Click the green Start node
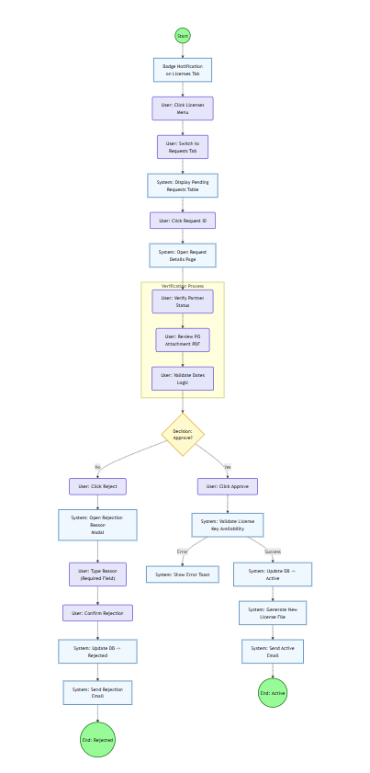[183, 36]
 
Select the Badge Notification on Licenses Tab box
[183, 70]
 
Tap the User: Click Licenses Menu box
[183, 108]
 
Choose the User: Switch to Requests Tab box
[183, 147]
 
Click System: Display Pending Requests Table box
[183, 186]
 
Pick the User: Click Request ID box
[183, 221]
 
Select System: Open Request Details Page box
[183, 255]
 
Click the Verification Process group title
[183, 286]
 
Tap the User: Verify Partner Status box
[183, 301]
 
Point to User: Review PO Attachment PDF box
[183, 340]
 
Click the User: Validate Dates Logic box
[183, 379]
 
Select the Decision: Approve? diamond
[183, 434]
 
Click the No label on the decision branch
[97, 467]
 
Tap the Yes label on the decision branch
[228, 467]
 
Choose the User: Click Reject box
[97, 486]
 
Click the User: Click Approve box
[228, 486]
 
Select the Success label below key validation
[273, 551]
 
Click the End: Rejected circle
[97, 739]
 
